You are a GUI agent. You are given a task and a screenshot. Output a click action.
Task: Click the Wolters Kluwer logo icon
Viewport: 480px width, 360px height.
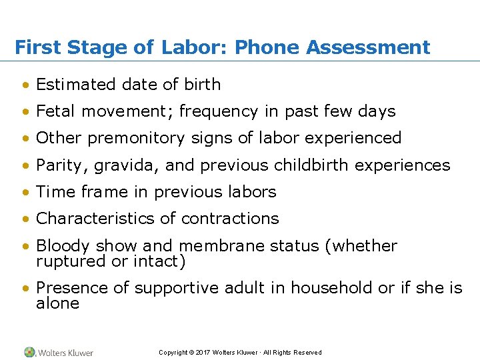tap(30, 352)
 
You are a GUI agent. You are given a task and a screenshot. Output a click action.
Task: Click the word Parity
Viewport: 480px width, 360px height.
tap(58, 165)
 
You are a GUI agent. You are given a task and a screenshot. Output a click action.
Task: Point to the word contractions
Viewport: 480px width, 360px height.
tap(230, 218)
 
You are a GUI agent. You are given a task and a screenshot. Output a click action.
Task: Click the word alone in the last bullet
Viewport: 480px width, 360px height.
tap(57, 303)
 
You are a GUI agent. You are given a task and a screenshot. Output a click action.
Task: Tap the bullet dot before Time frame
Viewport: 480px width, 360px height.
tap(25, 192)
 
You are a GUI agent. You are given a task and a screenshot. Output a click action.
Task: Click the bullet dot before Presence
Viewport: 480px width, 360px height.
tap(25, 289)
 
